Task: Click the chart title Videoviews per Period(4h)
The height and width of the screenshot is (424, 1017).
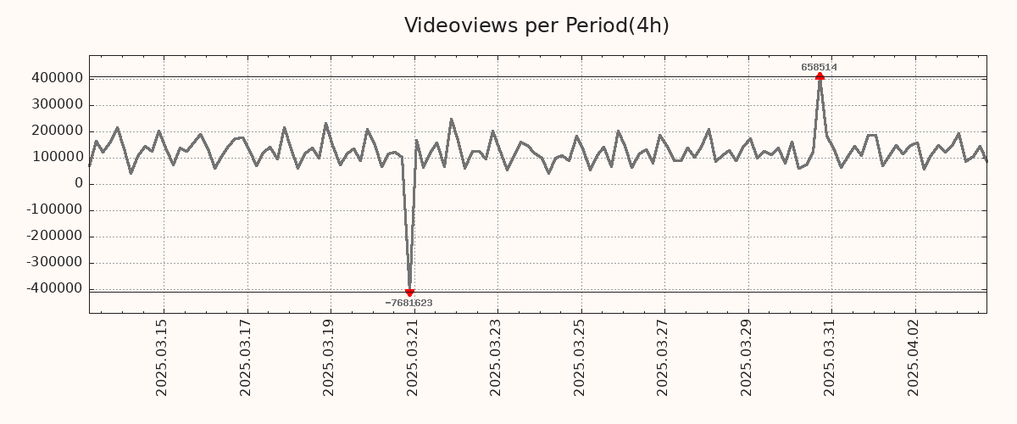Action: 536,25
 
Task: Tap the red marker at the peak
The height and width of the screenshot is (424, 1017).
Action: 820,76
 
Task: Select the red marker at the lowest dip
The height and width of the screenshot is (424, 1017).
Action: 409,293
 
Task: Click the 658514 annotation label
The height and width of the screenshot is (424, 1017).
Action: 819,67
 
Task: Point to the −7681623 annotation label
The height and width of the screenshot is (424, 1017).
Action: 408,303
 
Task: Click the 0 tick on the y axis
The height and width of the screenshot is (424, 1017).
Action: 78,183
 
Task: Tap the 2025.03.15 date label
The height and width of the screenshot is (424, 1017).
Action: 163,357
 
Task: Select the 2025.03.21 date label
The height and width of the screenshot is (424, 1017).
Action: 413,357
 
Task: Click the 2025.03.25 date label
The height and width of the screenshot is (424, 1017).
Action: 580,357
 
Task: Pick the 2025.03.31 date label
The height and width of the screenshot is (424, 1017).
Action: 831,357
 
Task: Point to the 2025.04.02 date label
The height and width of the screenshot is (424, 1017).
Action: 914,357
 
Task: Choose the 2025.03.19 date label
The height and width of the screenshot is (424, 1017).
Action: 330,357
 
